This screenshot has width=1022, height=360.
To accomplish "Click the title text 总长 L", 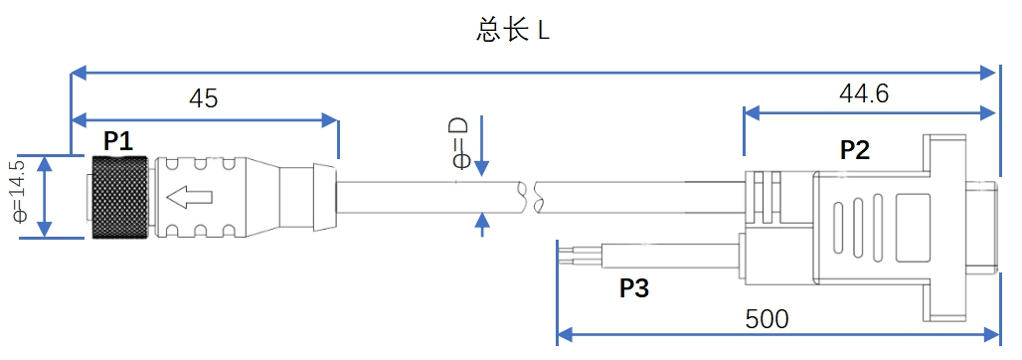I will (513, 30).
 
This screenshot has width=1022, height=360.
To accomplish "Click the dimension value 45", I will (203, 98).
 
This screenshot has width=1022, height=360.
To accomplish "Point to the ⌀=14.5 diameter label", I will (17, 197).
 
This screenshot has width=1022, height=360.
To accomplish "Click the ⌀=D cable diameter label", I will (459, 142).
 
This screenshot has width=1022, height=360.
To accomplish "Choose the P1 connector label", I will (118, 140).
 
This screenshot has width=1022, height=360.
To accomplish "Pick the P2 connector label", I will (855, 150).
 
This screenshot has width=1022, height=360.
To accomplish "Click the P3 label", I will (634, 288).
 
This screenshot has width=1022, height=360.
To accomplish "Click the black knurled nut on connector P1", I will (120, 197).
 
